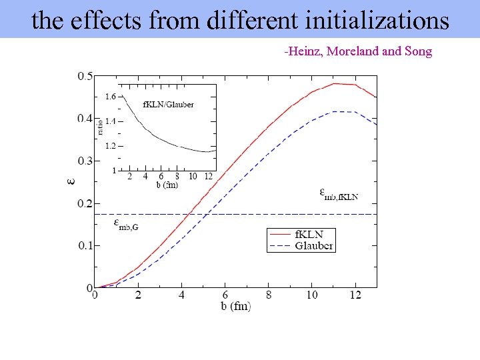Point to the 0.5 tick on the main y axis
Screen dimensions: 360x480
tap(85, 76)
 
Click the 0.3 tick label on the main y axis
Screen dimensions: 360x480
tap(85, 161)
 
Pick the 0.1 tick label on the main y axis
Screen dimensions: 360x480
tap(85, 245)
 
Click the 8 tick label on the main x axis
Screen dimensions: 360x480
tap(269, 295)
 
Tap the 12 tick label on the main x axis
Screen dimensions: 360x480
tap(355, 295)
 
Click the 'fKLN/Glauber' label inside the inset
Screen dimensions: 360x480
tap(169, 105)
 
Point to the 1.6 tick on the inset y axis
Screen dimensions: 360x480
tap(110, 97)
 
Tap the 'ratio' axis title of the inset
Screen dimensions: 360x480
tap(101, 125)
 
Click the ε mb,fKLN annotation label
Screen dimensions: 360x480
tap(339, 194)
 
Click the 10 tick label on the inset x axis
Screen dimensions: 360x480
tap(193, 177)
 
